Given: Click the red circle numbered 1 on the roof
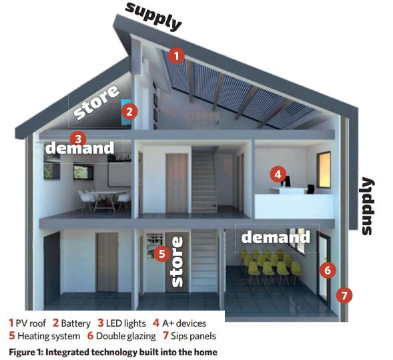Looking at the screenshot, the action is pos(176,55).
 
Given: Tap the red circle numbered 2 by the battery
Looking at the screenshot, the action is pos(129,112).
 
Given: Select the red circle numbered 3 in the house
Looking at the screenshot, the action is pos(78,138).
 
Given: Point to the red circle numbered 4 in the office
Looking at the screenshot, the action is pos(278,174).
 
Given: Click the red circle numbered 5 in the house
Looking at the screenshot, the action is pos(162,254).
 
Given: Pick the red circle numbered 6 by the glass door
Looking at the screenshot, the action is pos(328,271).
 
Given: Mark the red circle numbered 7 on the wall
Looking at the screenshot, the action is pos(344,295).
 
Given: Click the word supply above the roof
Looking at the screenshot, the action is pos(153,16).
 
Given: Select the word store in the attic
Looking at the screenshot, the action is pos(97,102).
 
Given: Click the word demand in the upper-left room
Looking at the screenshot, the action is pos(79,148).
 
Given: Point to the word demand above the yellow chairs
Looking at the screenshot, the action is pos(276,237).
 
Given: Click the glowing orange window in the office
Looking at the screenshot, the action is pos(324,170).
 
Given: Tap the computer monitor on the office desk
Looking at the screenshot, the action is pos(287,181).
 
